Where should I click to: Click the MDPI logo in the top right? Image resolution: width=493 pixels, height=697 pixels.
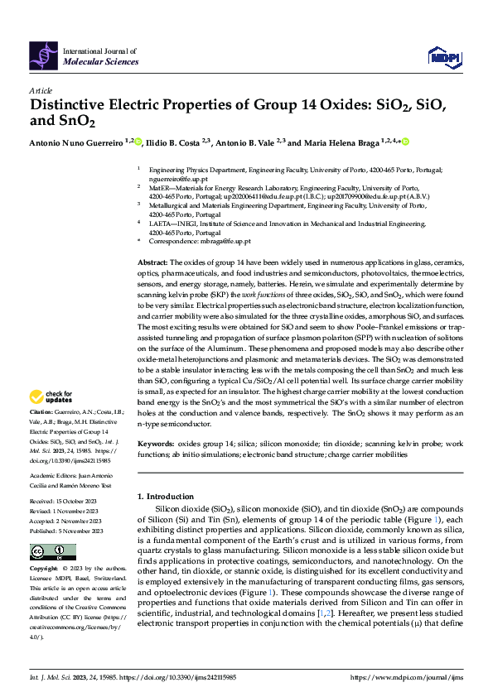coord(443,55)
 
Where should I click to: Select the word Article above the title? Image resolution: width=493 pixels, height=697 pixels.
coord(41,90)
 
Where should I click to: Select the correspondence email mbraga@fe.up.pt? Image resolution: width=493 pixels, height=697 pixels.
coord(214,240)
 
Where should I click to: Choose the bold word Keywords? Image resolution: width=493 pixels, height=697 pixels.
coord(157,445)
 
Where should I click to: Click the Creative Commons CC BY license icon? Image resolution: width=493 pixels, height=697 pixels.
coord(52,552)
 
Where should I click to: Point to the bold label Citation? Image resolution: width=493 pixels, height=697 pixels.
coord(41,411)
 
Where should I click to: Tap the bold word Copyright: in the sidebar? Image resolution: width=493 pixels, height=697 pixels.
coord(44,570)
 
